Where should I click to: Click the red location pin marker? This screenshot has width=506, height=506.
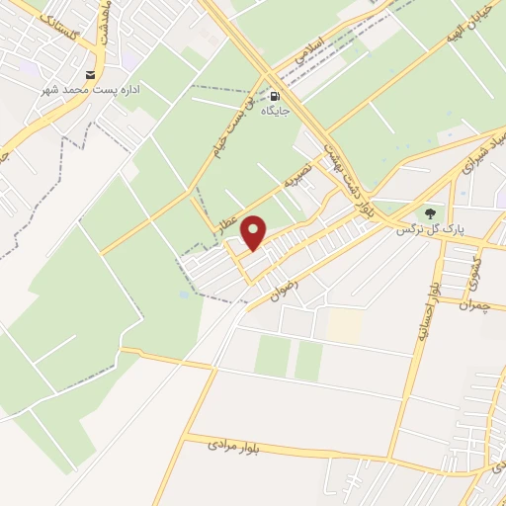point(255,232)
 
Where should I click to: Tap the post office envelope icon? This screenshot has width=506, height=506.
point(92,75)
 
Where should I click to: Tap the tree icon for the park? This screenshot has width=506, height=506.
point(430,213)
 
